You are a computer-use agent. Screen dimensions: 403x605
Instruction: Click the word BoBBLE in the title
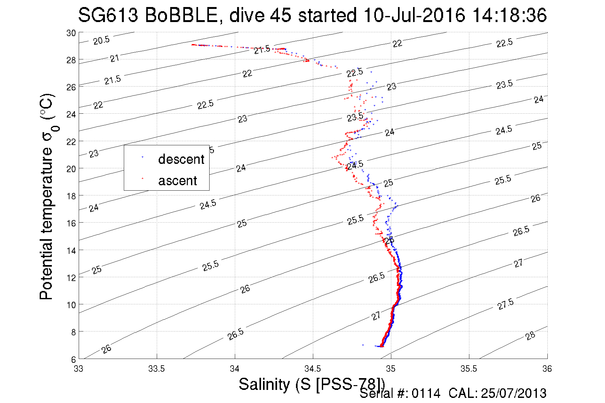point(181,15)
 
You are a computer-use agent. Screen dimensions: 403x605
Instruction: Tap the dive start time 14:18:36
point(509,15)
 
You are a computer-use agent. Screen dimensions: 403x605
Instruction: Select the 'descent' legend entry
point(181,159)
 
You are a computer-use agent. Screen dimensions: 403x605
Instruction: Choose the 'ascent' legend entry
point(178,181)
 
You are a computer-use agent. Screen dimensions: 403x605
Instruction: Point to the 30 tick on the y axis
point(71,33)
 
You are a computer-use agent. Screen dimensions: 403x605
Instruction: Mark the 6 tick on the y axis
point(73,359)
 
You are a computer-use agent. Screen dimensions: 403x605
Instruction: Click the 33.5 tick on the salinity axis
point(156,369)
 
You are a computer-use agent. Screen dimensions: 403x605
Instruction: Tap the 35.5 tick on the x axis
point(469,369)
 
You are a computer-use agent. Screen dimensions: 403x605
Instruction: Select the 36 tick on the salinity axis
point(547,369)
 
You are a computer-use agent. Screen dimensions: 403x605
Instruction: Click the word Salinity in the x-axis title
point(264,384)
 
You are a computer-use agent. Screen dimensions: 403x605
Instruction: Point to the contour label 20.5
point(101,40)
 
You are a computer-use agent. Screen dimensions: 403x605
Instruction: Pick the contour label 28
point(530,336)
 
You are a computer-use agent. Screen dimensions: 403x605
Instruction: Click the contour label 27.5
point(505,304)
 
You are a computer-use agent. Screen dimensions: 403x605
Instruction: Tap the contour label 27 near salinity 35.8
point(518,263)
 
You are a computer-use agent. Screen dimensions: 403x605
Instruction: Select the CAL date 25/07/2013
point(513,393)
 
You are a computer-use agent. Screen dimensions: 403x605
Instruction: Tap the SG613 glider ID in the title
point(108,15)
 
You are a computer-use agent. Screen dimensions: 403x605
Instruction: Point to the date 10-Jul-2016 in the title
point(414,15)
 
